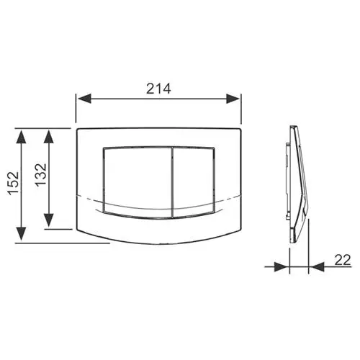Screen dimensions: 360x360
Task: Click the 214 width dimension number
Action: (158, 89)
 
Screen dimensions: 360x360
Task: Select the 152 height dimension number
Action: (13, 183)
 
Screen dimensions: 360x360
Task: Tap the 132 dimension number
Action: (40, 175)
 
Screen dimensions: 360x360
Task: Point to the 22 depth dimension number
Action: (343, 260)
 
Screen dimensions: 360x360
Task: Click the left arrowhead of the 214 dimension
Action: (85, 99)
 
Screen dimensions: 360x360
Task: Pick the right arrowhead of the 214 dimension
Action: (233, 99)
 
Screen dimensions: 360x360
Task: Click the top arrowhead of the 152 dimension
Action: (22, 137)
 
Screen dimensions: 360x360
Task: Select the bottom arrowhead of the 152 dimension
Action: (22, 233)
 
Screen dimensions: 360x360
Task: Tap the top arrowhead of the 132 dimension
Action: (49, 137)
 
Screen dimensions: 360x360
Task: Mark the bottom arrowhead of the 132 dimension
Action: (49, 220)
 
